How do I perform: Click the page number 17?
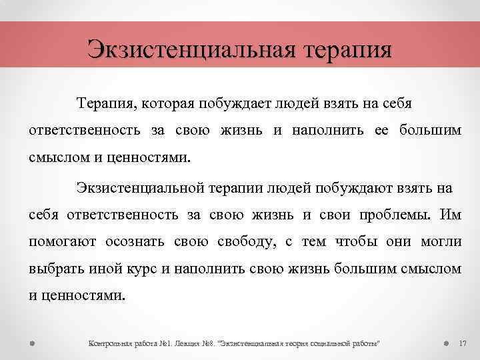(463, 343)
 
